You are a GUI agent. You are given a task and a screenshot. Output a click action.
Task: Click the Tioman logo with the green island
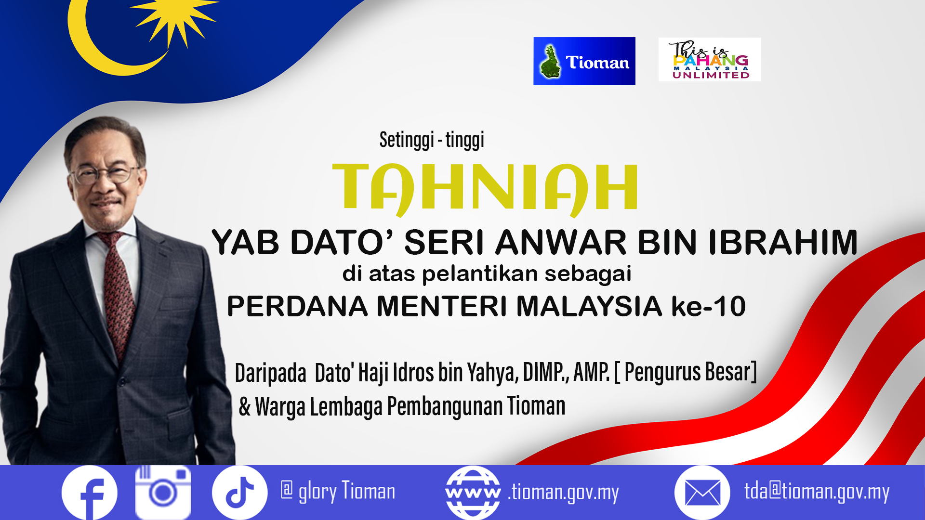584,61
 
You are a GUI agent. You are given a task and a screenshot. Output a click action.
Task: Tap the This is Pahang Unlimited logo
710,60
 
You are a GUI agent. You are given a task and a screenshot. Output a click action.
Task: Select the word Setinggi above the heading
407,140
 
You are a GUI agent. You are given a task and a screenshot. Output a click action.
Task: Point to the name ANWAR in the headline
560,242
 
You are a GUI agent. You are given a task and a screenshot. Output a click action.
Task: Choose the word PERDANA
297,306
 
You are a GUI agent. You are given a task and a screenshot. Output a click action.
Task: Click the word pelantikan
480,274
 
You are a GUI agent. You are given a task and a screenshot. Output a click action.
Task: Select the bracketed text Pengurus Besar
686,372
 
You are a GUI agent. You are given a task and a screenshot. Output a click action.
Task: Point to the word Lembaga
346,406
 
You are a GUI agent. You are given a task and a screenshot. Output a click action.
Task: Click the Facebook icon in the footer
90,493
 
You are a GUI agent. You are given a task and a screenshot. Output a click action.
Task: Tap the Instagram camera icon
163,492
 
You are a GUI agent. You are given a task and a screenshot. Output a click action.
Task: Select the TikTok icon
239,492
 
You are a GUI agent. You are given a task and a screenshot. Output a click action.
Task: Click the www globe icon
473,493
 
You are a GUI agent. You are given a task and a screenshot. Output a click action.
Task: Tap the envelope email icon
702,493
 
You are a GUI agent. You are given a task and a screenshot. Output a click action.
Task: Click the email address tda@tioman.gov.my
817,492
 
